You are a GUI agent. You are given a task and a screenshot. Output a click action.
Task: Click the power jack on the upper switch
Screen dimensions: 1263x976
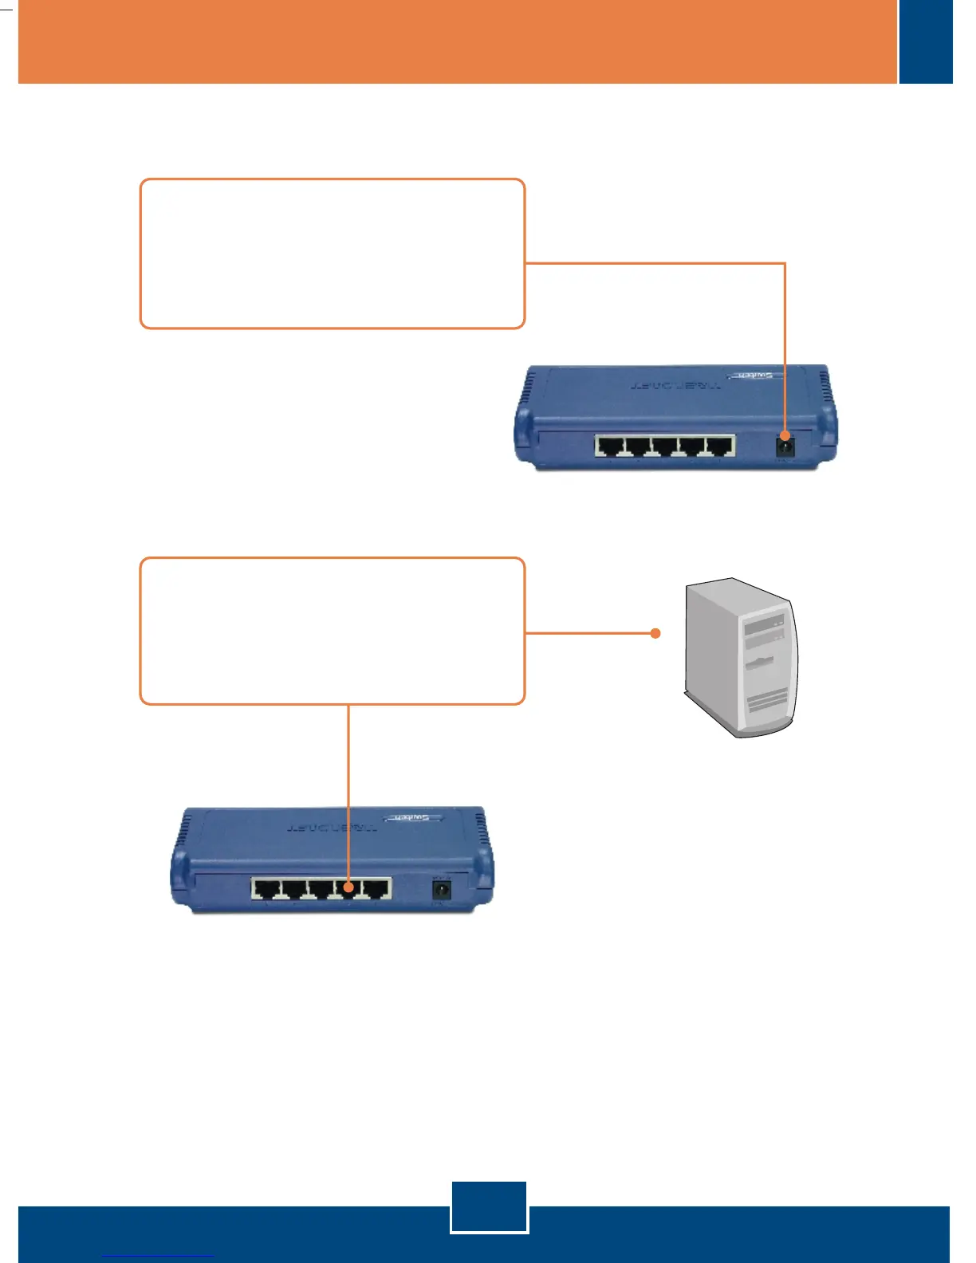pyautogui.click(x=785, y=447)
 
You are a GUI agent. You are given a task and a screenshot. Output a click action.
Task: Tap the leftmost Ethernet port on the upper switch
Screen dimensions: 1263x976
pyautogui.click(x=609, y=447)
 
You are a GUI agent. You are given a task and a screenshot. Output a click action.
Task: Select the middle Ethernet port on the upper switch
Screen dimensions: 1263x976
pyautogui.click(x=664, y=447)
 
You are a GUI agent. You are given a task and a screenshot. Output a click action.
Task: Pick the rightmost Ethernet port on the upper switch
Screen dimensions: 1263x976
pyautogui.click(x=719, y=447)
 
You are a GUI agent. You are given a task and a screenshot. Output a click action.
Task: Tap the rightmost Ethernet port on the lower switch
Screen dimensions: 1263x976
pyautogui.click(x=376, y=889)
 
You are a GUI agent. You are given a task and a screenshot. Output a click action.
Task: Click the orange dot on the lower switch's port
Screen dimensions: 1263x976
pyautogui.click(x=348, y=886)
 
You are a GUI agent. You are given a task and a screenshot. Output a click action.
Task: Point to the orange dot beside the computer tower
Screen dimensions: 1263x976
pyautogui.click(x=655, y=634)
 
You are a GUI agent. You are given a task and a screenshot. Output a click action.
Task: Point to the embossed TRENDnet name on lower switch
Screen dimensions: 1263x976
pyautogui.click(x=332, y=828)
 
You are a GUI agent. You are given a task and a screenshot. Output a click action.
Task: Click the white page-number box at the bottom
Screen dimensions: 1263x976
pyautogui.click(x=489, y=1207)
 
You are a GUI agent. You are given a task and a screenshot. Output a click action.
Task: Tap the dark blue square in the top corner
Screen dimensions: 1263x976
pyautogui.click(x=926, y=41)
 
